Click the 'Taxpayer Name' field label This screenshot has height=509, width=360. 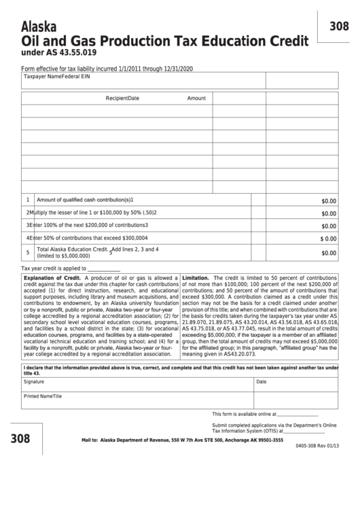(42, 77)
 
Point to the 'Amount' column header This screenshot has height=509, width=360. (196, 99)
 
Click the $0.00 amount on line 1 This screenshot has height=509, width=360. (328, 201)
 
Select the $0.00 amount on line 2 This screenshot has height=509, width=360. (328, 213)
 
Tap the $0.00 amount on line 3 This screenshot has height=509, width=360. (328, 226)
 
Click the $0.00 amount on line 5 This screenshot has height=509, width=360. (328, 253)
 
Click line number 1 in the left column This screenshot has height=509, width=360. (28, 200)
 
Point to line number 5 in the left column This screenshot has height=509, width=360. (28, 253)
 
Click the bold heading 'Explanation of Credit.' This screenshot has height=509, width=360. (53, 279)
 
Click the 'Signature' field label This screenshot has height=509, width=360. (35, 382)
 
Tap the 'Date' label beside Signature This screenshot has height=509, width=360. (261, 382)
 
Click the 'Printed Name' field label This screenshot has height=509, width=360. (39, 396)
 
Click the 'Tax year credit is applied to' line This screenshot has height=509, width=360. (54, 268)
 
